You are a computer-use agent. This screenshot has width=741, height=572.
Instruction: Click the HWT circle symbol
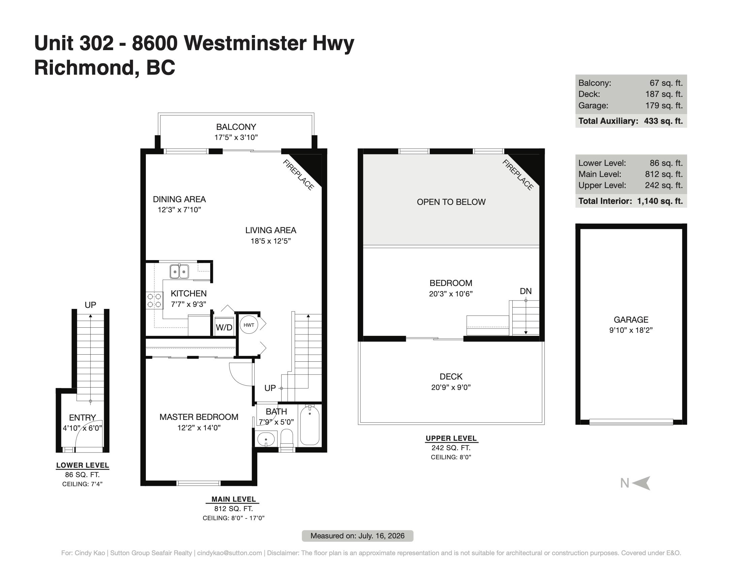[x=249, y=325]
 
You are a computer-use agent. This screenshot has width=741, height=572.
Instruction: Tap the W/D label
[x=224, y=327]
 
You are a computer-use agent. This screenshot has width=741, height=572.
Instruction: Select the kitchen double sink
[x=179, y=271]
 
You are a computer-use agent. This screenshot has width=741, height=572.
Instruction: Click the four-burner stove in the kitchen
[x=154, y=300]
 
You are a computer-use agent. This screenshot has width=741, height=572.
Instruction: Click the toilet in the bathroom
[x=287, y=439]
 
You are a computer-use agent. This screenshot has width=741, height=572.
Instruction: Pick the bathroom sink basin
[x=266, y=439]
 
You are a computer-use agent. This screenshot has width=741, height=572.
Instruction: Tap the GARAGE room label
[x=631, y=320]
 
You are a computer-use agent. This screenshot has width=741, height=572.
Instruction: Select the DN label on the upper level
[x=525, y=291]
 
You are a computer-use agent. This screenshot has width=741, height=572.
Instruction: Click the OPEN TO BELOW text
[x=451, y=202]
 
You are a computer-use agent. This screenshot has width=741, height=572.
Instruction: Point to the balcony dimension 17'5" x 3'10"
[x=236, y=137]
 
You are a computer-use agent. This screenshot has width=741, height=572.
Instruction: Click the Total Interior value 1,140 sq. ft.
[x=660, y=201]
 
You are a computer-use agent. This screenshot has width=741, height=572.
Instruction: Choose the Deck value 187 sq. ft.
[x=664, y=94]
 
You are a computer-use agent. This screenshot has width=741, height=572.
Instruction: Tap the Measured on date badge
[x=358, y=536]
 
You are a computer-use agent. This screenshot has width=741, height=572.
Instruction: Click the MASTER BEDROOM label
[x=199, y=417]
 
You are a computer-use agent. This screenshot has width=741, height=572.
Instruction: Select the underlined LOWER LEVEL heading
[x=83, y=465]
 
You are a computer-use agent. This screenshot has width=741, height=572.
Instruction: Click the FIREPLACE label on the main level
[x=298, y=175]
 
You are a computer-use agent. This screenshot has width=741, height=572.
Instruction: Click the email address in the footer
[x=229, y=553]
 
